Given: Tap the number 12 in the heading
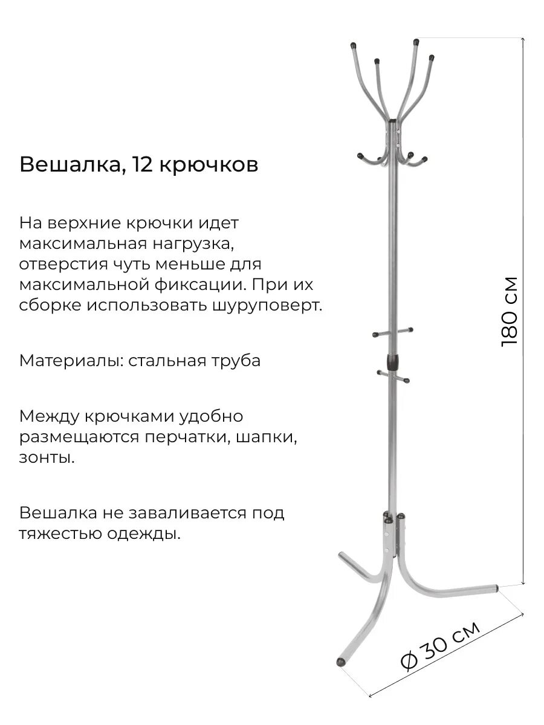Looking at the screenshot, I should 140,164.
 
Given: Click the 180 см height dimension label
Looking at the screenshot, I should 510,312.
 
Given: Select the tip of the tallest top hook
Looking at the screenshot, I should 416,42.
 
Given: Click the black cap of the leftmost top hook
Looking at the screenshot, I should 353,45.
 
